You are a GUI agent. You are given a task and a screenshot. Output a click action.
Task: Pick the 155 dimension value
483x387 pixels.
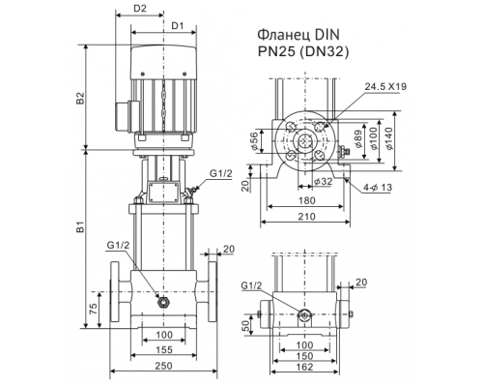pyautogui.click(x=163, y=348)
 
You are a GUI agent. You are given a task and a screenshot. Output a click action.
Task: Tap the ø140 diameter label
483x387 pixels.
pyautogui.click(x=390, y=140)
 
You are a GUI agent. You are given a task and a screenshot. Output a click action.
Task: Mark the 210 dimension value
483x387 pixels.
pyautogui.click(x=307, y=219)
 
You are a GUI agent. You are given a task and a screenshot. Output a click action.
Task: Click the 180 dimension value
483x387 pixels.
pyautogui.click(x=307, y=202)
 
